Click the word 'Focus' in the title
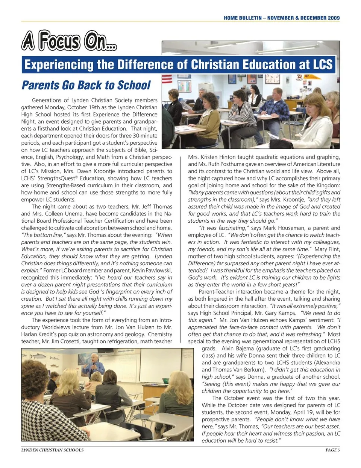[x=59, y=41]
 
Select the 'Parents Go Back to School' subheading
[x=86, y=85]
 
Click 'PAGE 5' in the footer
[x=332, y=450]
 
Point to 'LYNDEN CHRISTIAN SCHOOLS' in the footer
[x=52, y=450]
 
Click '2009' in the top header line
[x=334, y=18]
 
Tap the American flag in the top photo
[x=167, y=79]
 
